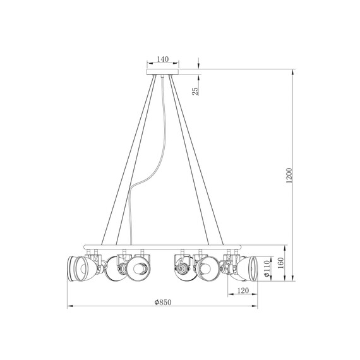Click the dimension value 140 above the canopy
(162, 59)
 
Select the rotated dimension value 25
(196, 91)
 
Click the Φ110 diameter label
(267, 267)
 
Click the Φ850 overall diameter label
(163, 303)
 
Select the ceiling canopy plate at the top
(163, 73)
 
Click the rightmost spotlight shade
(248, 268)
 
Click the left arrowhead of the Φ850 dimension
(70, 307)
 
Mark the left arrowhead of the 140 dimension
(149, 64)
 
